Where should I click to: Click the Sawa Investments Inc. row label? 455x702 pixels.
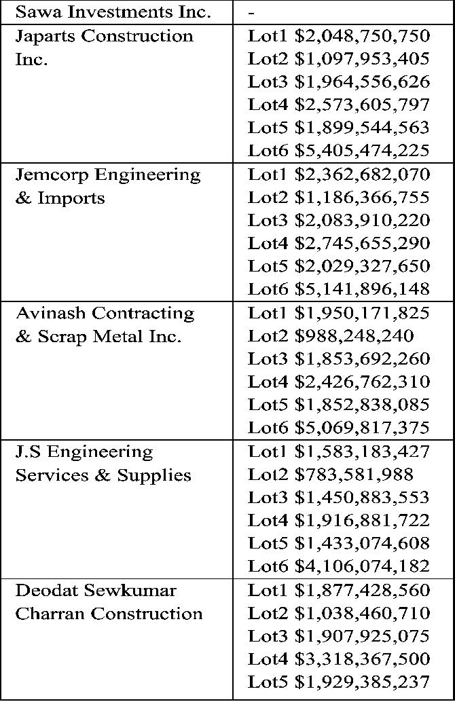113,12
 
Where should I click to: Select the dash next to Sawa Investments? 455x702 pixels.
251,12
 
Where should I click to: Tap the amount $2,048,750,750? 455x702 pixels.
362,36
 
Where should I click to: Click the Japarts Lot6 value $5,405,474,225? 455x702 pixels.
362,151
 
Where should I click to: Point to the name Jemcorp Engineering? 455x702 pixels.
108,174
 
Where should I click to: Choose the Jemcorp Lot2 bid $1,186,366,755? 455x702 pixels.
362,198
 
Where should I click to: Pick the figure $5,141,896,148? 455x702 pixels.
362,289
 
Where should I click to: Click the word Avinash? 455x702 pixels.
51,313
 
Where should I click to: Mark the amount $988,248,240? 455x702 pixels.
354,336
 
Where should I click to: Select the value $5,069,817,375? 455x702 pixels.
362,428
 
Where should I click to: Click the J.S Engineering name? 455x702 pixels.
84,451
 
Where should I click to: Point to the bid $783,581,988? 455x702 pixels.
354,475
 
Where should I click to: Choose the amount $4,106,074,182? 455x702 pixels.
362,566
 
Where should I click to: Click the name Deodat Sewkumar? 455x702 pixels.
96,590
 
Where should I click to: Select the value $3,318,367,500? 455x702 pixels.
362,659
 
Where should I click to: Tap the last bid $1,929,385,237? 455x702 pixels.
362,682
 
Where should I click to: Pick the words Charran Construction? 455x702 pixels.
109,613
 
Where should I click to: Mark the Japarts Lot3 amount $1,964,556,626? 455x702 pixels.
362,82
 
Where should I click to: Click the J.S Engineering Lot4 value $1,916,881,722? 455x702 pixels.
362,521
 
